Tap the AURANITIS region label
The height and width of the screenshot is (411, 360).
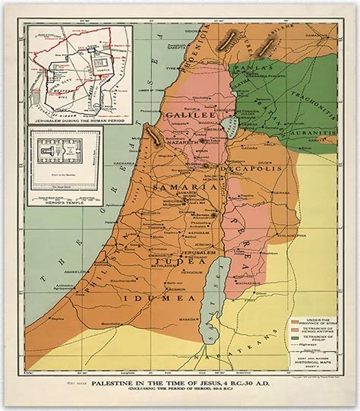pos(311,131)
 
